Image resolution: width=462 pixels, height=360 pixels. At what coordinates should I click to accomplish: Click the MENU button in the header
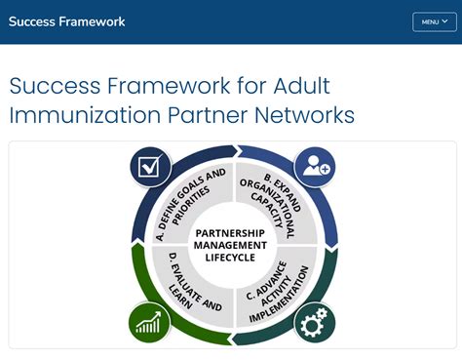[434, 21]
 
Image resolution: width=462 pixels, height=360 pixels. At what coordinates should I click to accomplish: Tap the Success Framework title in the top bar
[67, 21]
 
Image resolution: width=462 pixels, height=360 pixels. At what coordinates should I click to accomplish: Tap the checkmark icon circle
[150, 166]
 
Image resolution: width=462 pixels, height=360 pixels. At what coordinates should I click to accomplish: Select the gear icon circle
[314, 321]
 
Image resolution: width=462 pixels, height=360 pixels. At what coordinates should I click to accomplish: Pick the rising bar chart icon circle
[149, 321]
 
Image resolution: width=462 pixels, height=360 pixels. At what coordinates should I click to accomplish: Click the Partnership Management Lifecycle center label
[232, 245]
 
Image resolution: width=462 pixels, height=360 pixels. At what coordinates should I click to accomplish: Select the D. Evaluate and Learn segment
[187, 290]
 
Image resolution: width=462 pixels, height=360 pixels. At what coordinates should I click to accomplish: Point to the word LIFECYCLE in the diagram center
[232, 259]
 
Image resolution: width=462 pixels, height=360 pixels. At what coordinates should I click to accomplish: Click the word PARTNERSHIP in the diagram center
[232, 232]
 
